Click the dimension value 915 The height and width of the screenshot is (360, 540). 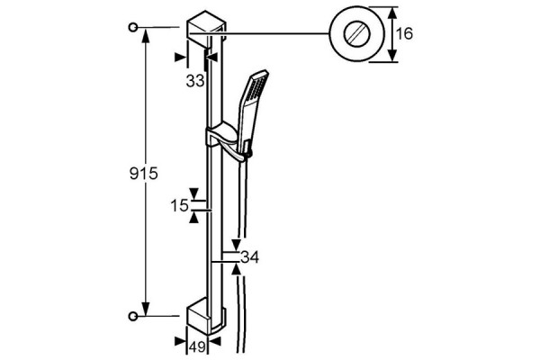[144, 174]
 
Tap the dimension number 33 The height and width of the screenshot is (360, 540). [195, 81]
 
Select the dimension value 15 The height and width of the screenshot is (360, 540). [180, 206]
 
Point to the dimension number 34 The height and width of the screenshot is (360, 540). [249, 257]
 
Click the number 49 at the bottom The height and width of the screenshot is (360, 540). [198, 346]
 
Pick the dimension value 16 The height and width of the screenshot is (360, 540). [404, 34]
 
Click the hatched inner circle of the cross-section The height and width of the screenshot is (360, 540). [356, 34]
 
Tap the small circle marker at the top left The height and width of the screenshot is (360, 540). [133, 27]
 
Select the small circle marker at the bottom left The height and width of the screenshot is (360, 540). [133, 316]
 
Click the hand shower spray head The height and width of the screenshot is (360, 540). [255, 88]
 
